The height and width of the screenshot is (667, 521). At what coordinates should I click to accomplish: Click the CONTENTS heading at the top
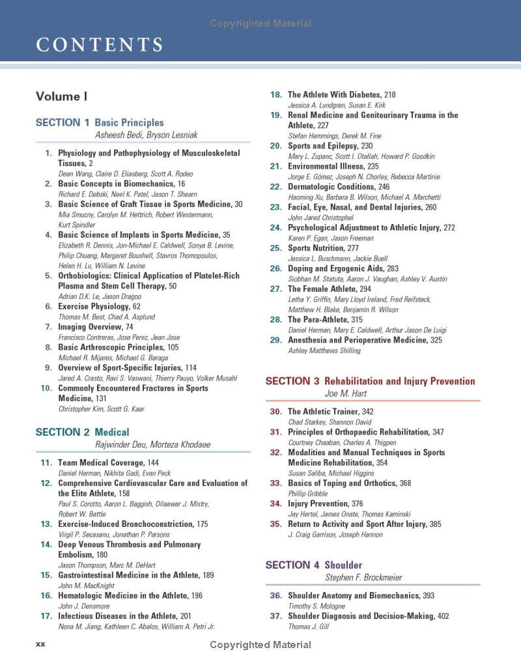pos(99,45)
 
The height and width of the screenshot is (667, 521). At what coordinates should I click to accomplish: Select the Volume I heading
pos(61,96)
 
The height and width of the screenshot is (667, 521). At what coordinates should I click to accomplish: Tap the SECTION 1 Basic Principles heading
pos(100,122)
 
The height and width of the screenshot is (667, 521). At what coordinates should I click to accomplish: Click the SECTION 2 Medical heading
pos(82,432)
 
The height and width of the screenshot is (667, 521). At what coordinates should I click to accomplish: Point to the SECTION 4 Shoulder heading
pos(313,565)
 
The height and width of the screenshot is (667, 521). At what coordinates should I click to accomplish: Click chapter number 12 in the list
pos(46,483)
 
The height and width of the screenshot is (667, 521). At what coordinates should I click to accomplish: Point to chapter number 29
pos(275,340)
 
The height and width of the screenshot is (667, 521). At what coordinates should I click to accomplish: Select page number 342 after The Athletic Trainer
pos(367,412)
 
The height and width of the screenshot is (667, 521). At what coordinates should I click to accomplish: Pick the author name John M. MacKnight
pos(87,586)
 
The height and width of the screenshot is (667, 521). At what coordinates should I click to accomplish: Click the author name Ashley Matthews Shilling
pos(324,350)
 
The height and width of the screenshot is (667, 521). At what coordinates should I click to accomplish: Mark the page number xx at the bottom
pos(40,644)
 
